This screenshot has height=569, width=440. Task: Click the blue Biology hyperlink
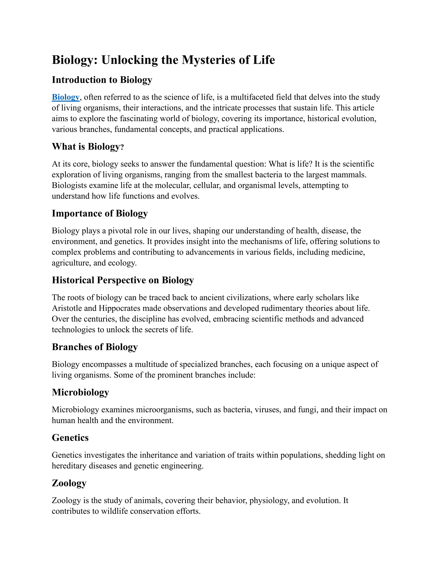tap(66, 97)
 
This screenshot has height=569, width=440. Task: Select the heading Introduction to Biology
tap(102, 80)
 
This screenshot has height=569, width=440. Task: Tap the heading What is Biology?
tap(88, 147)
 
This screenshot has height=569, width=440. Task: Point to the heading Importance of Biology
tap(100, 213)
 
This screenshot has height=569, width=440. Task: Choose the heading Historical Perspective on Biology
tap(123, 280)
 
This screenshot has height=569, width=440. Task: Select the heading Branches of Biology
tap(95, 347)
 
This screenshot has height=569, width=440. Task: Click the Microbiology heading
tap(80, 392)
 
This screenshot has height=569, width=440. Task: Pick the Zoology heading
tap(69, 483)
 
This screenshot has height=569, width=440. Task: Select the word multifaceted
tap(252, 97)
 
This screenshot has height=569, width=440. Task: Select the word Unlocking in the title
tap(130, 60)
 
